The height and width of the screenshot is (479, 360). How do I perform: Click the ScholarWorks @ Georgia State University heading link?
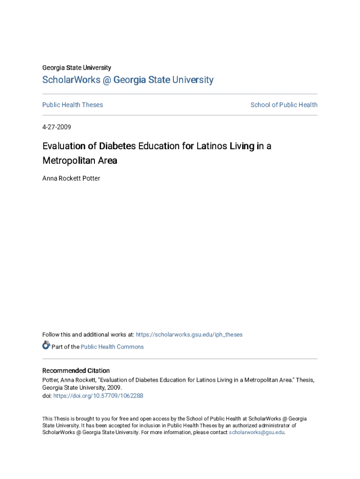(x=128, y=80)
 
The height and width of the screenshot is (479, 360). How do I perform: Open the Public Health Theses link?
(x=72, y=105)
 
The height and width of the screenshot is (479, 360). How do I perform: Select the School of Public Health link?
(x=284, y=105)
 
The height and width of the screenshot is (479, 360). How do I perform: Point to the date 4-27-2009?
(x=57, y=127)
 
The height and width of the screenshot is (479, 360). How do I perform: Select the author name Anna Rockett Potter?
(x=71, y=178)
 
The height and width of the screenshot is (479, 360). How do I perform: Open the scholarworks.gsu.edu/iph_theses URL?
(x=189, y=334)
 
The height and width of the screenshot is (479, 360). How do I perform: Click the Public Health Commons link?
(x=112, y=347)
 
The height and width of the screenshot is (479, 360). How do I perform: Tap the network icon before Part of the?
(x=46, y=346)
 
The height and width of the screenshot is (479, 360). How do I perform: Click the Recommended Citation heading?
(x=76, y=370)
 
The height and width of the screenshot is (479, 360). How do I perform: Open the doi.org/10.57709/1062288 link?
(x=98, y=396)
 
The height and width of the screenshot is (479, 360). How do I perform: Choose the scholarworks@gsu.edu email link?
(x=256, y=432)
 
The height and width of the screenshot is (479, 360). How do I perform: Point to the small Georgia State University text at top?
(x=77, y=68)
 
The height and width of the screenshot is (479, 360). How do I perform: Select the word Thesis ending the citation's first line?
(x=304, y=380)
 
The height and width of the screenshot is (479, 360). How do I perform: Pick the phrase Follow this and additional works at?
(x=88, y=334)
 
